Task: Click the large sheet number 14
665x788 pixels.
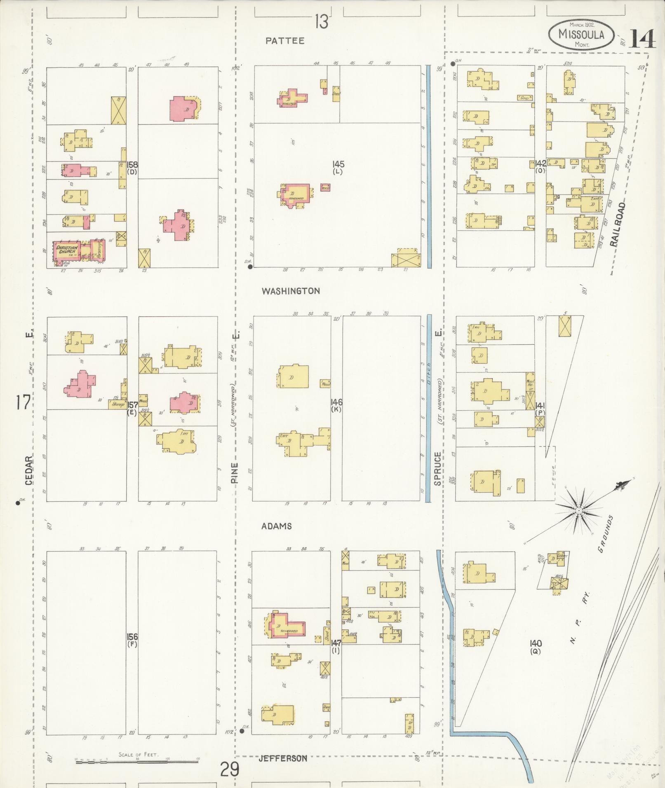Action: click(642, 40)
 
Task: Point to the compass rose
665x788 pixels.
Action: click(579, 511)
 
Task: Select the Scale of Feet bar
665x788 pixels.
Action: click(138, 762)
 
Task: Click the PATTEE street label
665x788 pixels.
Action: click(285, 41)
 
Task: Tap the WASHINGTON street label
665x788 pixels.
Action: click(291, 291)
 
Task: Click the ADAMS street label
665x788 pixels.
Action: click(277, 526)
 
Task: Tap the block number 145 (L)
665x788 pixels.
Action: click(338, 168)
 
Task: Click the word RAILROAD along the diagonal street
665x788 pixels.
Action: click(618, 224)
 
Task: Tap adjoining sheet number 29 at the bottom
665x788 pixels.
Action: click(230, 769)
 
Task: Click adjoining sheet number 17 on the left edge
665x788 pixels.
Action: click(23, 402)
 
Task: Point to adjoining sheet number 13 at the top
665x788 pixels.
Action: click(322, 21)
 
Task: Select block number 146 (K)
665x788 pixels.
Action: click(336, 405)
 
